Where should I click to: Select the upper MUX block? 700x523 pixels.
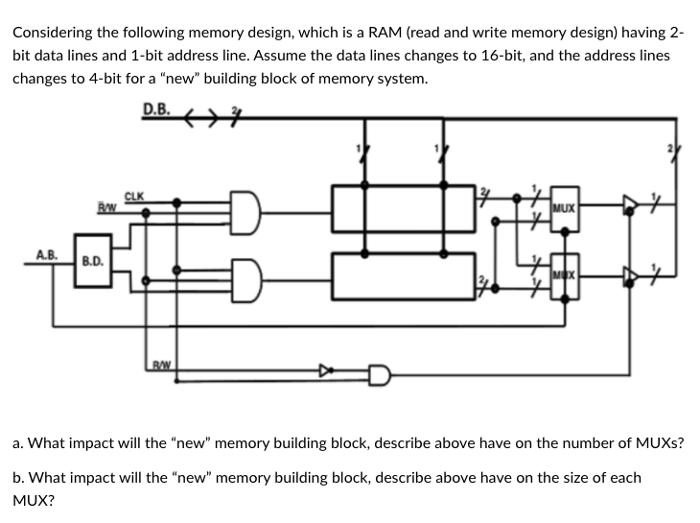[566, 207]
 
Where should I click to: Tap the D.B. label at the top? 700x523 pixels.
[157, 108]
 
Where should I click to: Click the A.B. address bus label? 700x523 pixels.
[46, 256]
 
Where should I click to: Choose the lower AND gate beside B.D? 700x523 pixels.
[244, 278]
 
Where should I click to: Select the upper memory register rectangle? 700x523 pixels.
[403, 208]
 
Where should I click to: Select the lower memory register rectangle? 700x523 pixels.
[403, 275]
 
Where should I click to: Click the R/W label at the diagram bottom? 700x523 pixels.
[162, 365]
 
